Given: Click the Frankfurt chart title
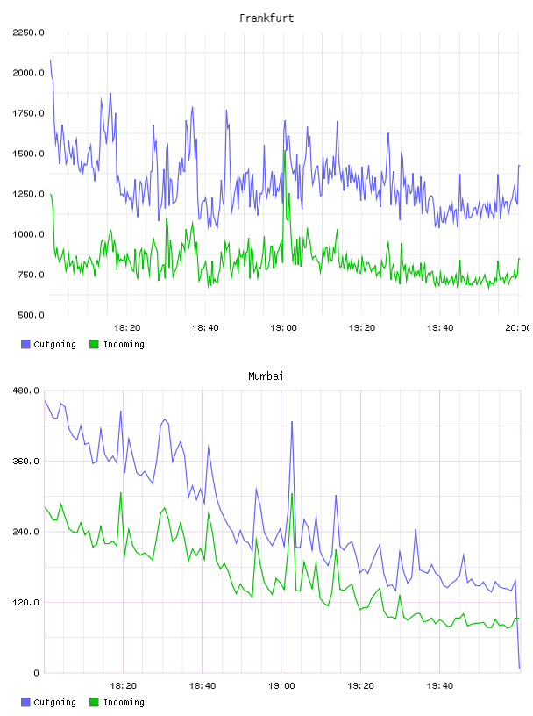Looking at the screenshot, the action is (266, 18).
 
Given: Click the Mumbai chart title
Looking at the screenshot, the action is (266, 376).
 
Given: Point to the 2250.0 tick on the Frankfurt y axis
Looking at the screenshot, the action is (28, 32).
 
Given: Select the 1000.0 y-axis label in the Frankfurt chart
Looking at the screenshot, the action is (28, 234).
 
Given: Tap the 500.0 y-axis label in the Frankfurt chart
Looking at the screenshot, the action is (31, 315).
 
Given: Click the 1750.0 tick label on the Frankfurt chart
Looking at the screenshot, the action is (28, 113).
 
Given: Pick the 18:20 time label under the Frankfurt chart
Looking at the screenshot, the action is (127, 328).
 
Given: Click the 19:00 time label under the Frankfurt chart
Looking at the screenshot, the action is (283, 328).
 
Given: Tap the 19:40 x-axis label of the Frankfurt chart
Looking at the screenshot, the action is (440, 328).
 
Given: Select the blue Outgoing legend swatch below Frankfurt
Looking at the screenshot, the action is (25, 344).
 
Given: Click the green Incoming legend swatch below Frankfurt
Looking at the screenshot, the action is (94, 344).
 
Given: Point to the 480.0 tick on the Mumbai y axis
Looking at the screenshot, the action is (26, 390).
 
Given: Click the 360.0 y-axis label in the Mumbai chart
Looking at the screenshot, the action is (26, 462).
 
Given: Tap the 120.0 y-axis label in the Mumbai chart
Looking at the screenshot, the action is (26, 602).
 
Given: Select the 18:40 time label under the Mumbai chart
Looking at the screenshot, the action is (203, 686).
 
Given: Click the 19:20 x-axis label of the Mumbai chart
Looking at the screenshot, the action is (361, 686).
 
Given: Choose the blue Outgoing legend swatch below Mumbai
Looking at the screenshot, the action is (25, 702).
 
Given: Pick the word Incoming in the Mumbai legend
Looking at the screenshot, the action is (124, 702).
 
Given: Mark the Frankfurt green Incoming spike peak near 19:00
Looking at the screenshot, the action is (285, 151).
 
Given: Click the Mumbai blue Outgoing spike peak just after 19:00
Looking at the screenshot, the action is (292, 422).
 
